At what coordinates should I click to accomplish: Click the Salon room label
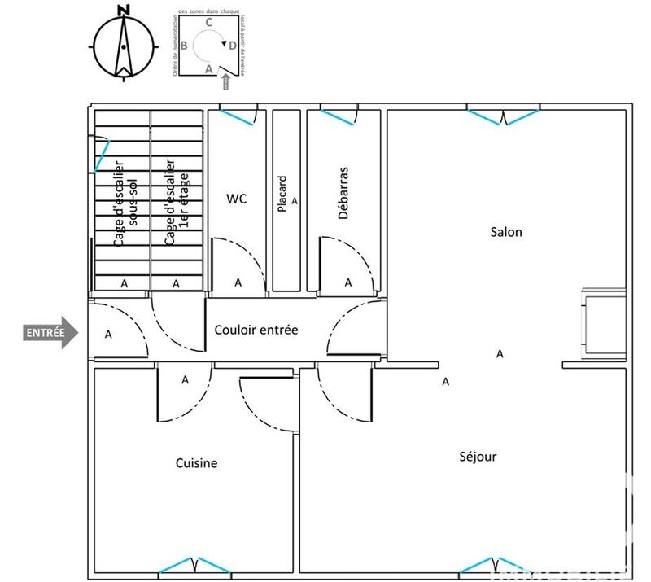(x=505, y=232)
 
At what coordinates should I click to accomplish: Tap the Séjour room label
(x=478, y=457)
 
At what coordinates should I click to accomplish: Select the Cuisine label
(x=196, y=463)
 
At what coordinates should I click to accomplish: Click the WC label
(x=236, y=198)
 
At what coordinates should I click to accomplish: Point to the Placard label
(x=282, y=195)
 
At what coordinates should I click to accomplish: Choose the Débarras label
(x=343, y=194)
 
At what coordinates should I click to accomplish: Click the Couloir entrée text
(x=256, y=330)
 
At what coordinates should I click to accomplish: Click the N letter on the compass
(x=123, y=11)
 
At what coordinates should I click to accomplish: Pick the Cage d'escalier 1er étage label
(x=176, y=203)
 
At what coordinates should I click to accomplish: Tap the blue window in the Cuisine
(x=193, y=565)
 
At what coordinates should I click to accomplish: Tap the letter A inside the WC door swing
(x=238, y=282)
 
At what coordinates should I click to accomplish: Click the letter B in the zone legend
(x=185, y=46)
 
